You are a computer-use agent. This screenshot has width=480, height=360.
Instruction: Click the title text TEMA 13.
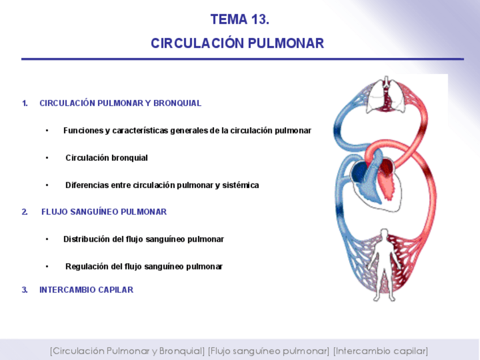click(239, 20)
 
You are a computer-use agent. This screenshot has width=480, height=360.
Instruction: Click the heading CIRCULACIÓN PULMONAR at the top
click(237, 44)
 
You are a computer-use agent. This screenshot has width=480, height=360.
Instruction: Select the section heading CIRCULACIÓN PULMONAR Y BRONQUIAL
click(121, 104)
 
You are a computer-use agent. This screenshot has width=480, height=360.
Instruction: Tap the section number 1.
click(25, 104)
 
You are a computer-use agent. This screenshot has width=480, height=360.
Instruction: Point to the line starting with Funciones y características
click(187, 131)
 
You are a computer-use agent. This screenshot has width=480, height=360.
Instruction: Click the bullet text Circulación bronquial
click(106, 158)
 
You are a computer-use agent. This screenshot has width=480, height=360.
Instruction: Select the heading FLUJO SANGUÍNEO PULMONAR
click(104, 212)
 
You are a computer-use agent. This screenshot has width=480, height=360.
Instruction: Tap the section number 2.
click(25, 212)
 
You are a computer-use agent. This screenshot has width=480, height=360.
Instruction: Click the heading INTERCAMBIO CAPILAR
click(87, 290)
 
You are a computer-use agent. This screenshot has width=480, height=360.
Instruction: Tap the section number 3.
click(25, 290)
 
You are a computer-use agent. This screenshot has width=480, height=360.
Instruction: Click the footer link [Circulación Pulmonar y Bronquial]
click(127, 351)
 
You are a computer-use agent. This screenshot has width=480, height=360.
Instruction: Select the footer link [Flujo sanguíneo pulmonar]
click(268, 351)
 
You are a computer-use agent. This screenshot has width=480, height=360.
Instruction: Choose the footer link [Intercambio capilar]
click(380, 351)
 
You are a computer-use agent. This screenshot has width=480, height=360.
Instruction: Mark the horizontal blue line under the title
click(242, 59)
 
